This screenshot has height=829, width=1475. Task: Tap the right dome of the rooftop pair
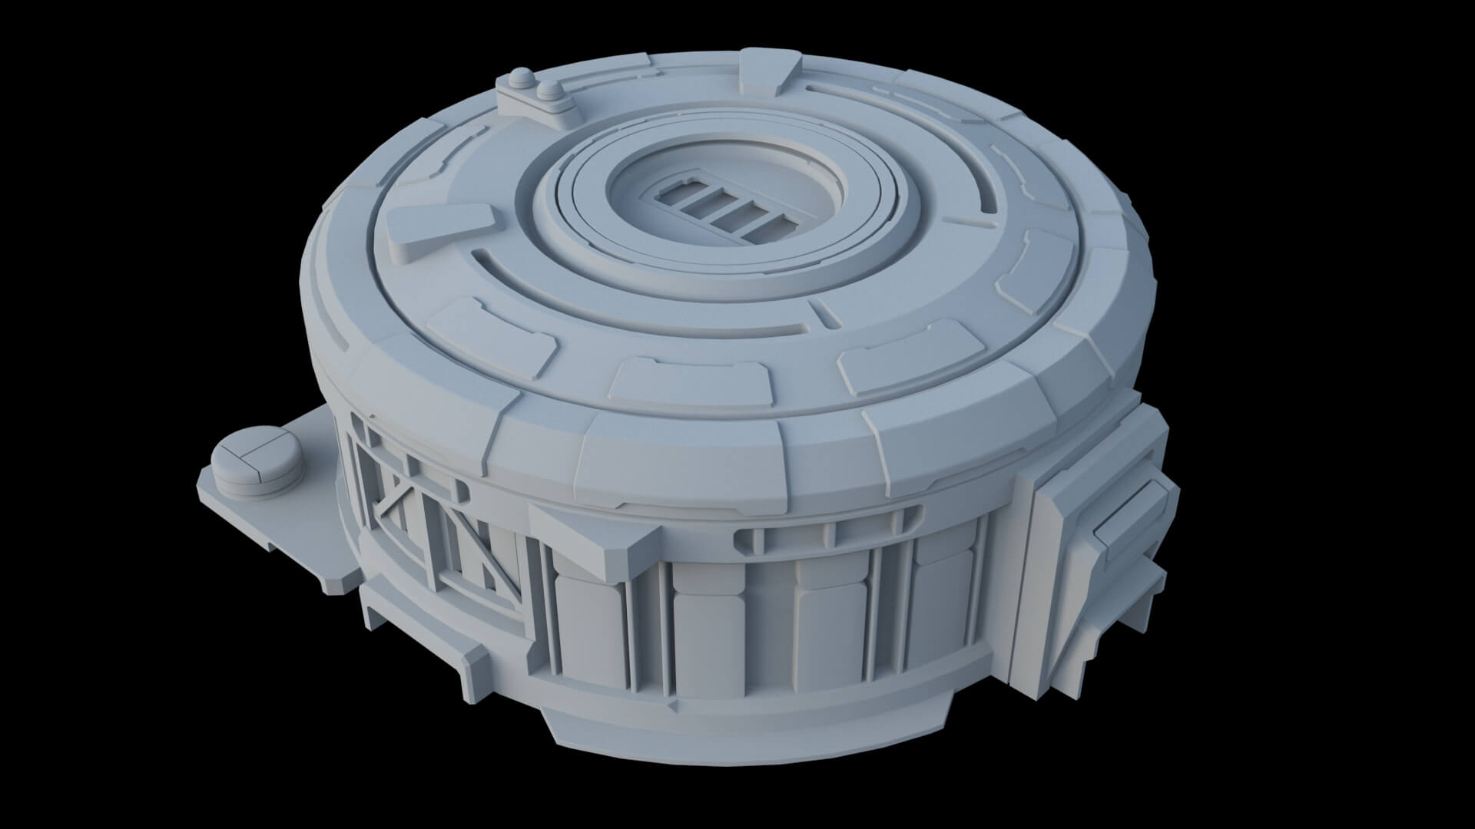click(548, 91)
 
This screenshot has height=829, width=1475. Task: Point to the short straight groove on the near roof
click(824, 311)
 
